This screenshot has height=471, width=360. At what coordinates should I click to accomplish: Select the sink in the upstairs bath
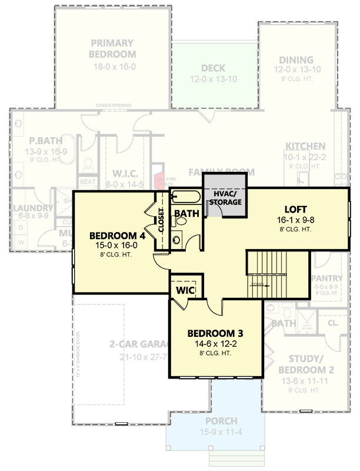tap(177, 240)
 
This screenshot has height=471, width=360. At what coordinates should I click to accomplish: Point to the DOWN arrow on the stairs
tap(259, 284)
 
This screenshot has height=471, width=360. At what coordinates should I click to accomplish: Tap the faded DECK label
tap(213, 68)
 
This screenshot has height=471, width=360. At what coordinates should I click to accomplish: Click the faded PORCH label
tap(221, 422)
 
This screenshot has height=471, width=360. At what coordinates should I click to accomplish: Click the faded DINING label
tap(297, 60)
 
